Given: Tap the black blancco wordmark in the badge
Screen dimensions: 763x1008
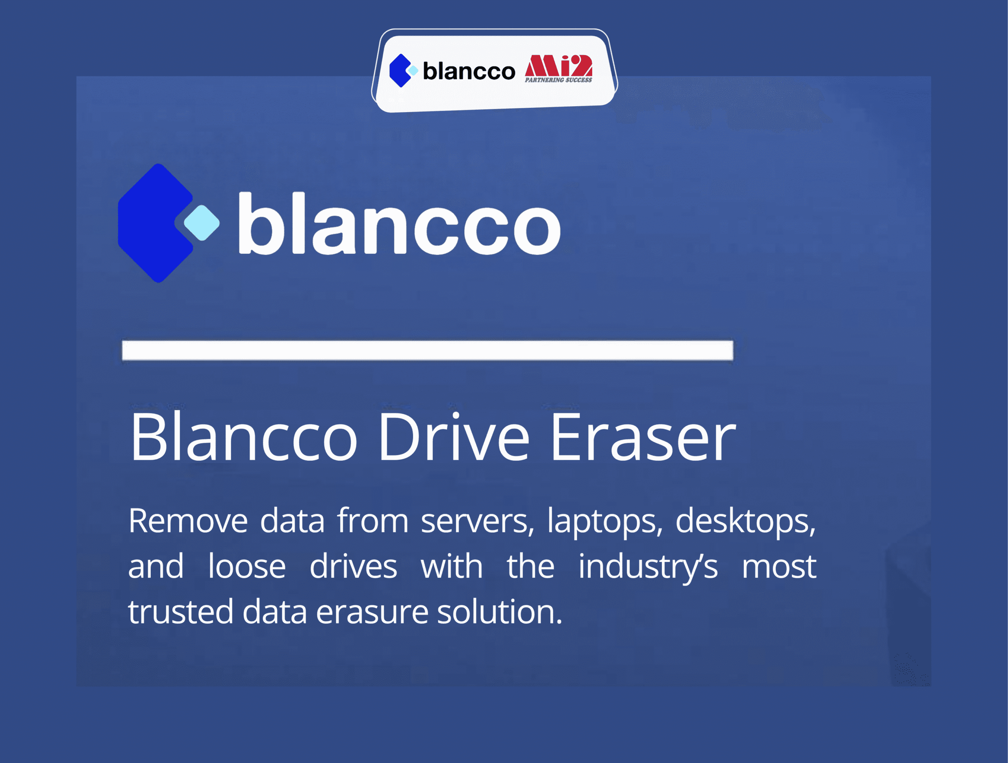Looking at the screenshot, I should pos(469,72).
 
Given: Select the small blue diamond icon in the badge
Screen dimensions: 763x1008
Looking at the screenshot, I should pos(400,70).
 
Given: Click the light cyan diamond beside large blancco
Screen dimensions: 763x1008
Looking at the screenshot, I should pos(202,223).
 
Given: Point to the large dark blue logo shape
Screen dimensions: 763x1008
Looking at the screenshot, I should pos(153,223).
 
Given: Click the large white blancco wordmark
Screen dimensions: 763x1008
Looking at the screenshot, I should pos(399,224).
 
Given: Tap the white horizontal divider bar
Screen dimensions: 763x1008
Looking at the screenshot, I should pos(428,350).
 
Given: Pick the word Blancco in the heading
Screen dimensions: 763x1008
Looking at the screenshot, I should pos(243,438).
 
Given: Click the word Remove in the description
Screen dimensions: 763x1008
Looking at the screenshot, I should pos(188,521).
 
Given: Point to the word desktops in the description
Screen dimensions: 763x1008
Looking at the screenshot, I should pos(745,521).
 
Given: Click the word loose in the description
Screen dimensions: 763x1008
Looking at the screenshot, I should pos(246,567).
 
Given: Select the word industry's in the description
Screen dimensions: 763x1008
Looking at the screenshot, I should pos(648,567).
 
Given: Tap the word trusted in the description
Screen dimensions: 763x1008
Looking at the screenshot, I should pos(180,612).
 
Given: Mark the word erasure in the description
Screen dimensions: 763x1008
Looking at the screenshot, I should pos(372,612).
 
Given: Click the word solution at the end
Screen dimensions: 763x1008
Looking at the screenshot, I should pos(499,612).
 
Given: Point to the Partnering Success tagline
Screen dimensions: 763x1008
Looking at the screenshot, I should pos(558,80).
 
